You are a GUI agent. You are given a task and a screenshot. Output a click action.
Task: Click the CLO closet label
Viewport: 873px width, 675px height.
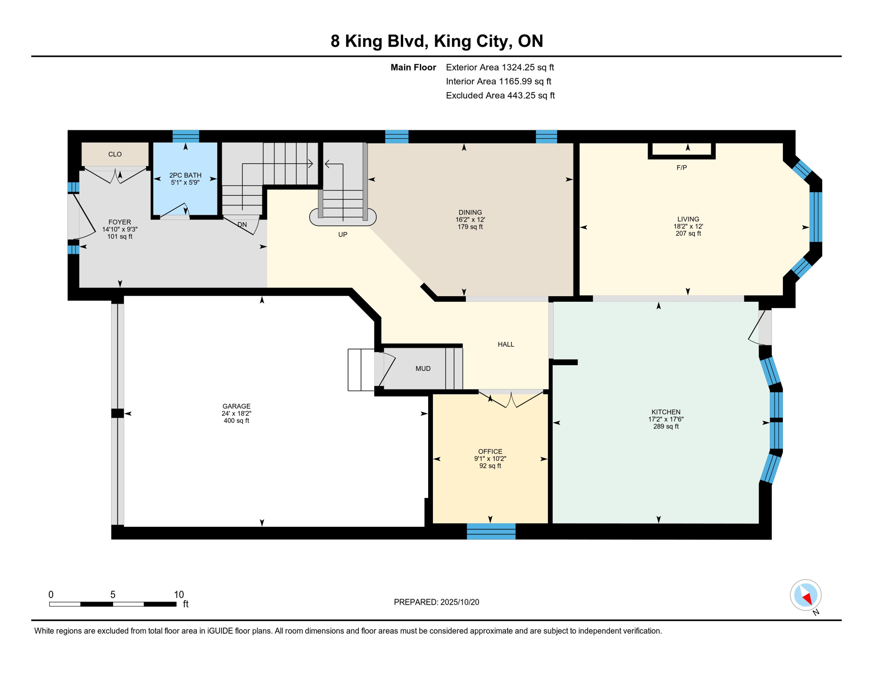[115, 154]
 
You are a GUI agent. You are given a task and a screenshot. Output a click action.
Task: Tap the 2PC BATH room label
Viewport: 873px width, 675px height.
[185, 175]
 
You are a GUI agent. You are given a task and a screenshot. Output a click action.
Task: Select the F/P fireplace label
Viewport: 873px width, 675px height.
[682, 167]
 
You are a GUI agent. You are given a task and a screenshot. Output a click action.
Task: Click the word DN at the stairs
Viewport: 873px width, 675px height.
[242, 225]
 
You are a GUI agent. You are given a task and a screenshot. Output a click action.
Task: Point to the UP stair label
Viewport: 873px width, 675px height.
[343, 235]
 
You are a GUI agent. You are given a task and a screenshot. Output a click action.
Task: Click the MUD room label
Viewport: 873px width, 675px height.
[423, 369]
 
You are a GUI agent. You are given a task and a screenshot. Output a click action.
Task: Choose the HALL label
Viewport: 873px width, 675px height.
[506, 345]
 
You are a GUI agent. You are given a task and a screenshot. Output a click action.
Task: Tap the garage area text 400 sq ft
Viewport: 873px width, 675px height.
[236, 421]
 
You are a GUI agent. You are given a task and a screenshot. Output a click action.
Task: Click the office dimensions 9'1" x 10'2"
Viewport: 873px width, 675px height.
[490, 459]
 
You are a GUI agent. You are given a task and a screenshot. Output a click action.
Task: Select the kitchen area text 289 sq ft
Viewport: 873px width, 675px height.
[666, 427]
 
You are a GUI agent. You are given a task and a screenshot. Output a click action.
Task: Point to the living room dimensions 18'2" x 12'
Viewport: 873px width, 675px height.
[688, 227]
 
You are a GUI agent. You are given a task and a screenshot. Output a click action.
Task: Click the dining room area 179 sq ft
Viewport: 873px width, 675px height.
[470, 227]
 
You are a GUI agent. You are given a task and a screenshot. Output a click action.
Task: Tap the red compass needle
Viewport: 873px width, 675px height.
[807, 598]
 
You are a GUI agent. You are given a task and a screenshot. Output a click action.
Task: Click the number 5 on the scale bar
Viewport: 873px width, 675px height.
[113, 595]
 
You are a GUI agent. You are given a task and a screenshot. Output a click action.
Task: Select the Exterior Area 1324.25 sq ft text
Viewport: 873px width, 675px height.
[500, 67]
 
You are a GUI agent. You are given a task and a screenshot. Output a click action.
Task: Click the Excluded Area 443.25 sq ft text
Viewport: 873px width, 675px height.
[500, 95]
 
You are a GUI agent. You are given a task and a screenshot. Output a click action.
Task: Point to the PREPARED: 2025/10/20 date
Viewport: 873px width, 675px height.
[436, 602]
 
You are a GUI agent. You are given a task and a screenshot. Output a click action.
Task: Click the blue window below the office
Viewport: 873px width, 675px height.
[491, 531]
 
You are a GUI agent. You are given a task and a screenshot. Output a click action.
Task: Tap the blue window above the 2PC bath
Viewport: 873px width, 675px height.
[186, 136]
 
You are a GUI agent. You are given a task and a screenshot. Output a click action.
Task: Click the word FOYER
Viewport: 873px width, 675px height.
[119, 222]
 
